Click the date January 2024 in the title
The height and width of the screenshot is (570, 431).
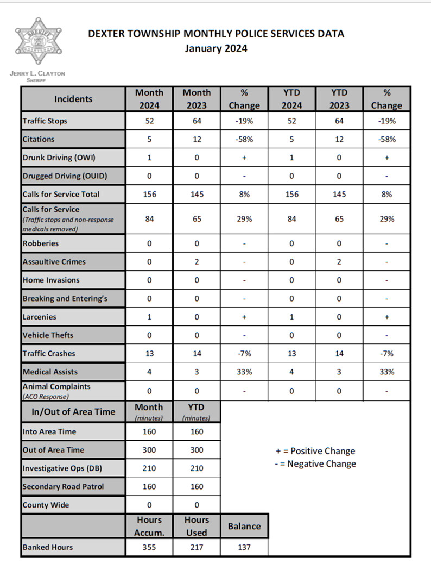pyautogui.click(x=215, y=48)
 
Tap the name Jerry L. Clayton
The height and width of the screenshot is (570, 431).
pyautogui.click(x=37, y=73)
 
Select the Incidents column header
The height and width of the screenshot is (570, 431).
pyautogui.click(x=73, y=99)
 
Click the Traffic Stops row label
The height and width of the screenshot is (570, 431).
pyautogui.click(x=45, y=121)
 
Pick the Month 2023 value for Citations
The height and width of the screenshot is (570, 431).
pyautogui.click(x=197, y=139)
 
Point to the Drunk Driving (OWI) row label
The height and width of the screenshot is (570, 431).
pyautogui.click(x=59, y=158)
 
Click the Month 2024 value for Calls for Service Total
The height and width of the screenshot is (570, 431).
pyautogui.click(x=149, y=194)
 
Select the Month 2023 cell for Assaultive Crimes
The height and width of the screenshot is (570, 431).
pyautogui.click(x=197, y=261)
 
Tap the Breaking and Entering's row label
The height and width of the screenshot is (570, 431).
pyautogui.click(x=65, y=298)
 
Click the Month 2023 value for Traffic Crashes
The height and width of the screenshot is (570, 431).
pyautogui.click(x=197, y=353)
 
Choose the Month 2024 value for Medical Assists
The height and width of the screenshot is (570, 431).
pyautogui.click(x=149, y=372)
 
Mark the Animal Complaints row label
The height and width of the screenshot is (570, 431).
pyautogui.click(x=56, y=386)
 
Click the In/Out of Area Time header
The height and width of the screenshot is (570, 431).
pyautogui.click(x=73, y=411)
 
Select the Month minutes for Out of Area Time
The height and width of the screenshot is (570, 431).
pyautogui.click(x=149, y=450)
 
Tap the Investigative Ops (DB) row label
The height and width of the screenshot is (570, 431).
pyautogui.click(x=59, y=468)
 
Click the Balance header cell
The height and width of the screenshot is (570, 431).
pyautogui.click(x=244, y=526)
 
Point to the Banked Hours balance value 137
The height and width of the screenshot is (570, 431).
pyautogui.click(x=244, y=547)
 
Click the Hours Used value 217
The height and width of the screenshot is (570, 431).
pyautogui.click(x=197, y=547)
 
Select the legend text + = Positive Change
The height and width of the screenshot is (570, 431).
pyautogui.click(x=315, y=451)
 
